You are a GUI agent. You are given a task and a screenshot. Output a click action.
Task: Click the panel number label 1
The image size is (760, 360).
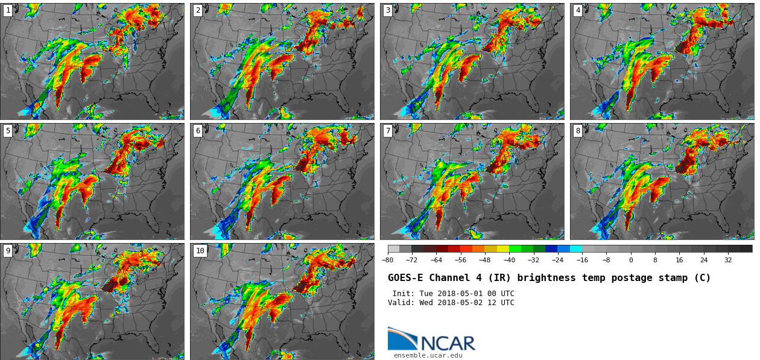(x=8, y=10)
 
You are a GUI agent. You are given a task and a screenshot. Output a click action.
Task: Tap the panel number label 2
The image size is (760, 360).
(x=198, y=10)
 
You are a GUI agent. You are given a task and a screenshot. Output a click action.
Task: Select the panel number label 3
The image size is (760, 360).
(x=388, y=10)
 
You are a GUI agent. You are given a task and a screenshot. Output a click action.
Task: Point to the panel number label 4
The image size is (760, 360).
(x=578, y=10)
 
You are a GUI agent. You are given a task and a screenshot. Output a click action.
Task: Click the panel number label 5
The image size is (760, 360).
(x=8, y=131)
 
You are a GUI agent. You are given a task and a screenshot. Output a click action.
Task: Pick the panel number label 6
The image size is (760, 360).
(x=198, y=131)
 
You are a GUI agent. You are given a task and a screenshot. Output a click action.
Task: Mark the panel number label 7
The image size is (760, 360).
(x=388, y=131)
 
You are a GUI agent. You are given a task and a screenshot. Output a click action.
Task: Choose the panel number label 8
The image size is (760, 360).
(x=578, y=131)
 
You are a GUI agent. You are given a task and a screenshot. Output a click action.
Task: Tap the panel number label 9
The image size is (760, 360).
(x=8, y=251)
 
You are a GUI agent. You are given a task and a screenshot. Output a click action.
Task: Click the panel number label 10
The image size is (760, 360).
(x=200, y=251)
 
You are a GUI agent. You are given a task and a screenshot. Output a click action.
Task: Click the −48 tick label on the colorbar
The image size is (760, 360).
(x=484, y=261)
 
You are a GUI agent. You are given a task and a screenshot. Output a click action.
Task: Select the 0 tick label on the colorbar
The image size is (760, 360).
(x=631, y=261)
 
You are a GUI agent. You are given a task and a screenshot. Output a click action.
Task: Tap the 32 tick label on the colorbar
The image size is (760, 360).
(x=728, y=261)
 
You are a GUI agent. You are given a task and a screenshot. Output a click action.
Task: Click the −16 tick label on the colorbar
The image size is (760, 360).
(x=582, y=261)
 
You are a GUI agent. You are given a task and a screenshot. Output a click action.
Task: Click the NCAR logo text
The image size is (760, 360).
(x=448, y=344)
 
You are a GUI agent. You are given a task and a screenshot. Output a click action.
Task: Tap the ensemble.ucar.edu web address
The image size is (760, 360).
(x=428, y=356)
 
